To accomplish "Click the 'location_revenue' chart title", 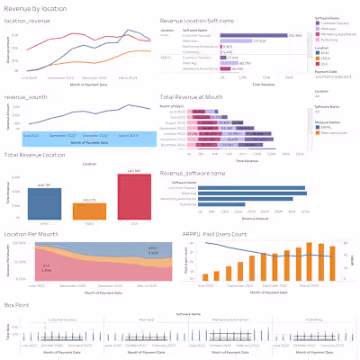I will tap(29, 20).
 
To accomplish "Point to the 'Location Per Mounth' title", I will tap(35, 234).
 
